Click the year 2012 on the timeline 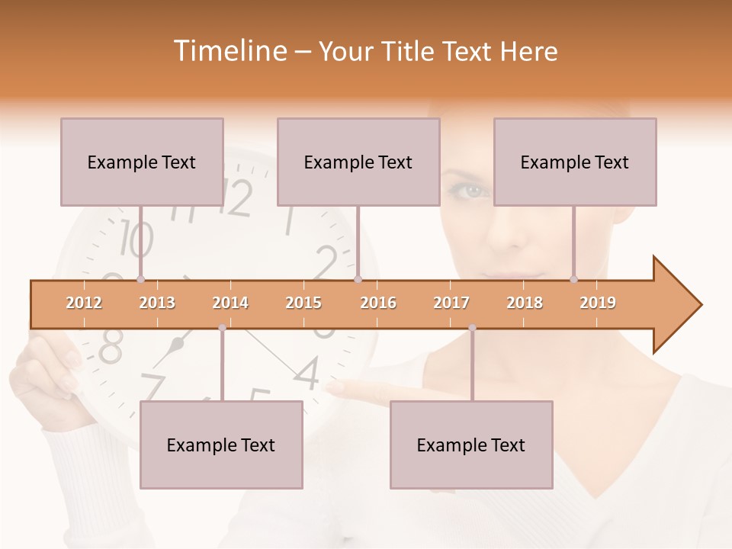[84, 303]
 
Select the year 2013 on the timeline [157, 303]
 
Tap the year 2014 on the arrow [230, 303]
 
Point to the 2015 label [303, 303]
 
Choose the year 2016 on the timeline [378, 303]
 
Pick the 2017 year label [451, 303]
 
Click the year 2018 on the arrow [525, 303]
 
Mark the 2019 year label [598, 303]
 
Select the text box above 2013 [142, 162]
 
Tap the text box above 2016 [358, 162]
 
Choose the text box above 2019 [575, 162]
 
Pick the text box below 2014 [221, 445]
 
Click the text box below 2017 [471, 445]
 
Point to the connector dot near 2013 [140, 280]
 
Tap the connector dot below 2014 [222, 328]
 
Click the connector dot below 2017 [472, 328]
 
